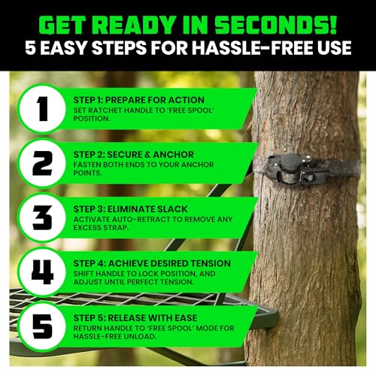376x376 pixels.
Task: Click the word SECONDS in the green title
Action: (x=279, y=25)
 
